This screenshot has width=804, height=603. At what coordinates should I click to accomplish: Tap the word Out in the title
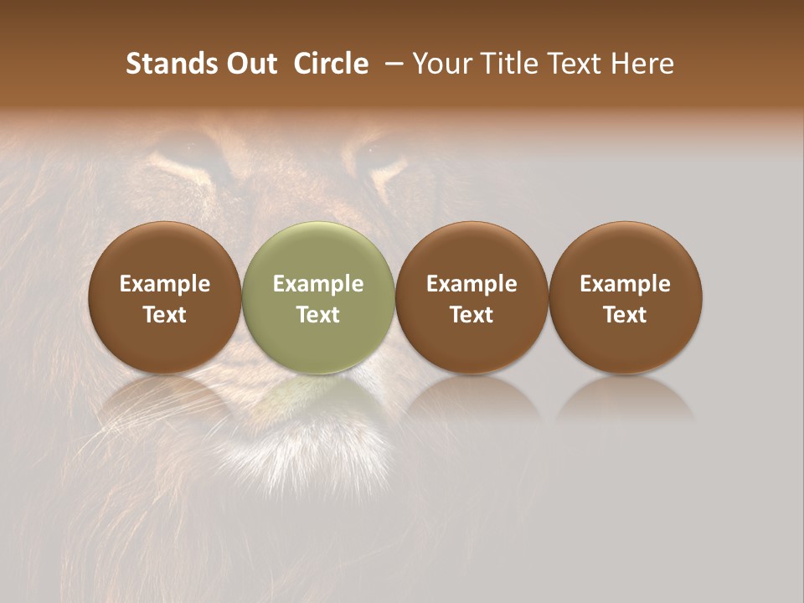tap(250, 64)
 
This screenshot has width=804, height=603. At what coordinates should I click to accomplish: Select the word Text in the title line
tap(576, 64)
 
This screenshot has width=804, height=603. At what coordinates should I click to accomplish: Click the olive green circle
tap(318, 297)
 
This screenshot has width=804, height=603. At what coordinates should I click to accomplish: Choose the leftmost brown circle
tap(165, 297)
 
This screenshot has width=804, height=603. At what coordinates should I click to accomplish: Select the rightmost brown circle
tap(626, 297)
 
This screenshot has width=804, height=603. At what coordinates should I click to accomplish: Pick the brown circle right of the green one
tap(472, 297)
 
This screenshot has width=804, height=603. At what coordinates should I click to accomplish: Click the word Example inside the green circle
tap(318, 284)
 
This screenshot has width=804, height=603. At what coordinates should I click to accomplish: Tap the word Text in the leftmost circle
tap(165, 315)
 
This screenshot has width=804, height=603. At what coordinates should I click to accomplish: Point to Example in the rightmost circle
tap(626, 284)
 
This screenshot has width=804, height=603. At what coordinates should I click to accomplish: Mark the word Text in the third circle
tap(472, 315)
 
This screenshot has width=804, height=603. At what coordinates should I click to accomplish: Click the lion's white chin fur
tap(310, 456)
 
